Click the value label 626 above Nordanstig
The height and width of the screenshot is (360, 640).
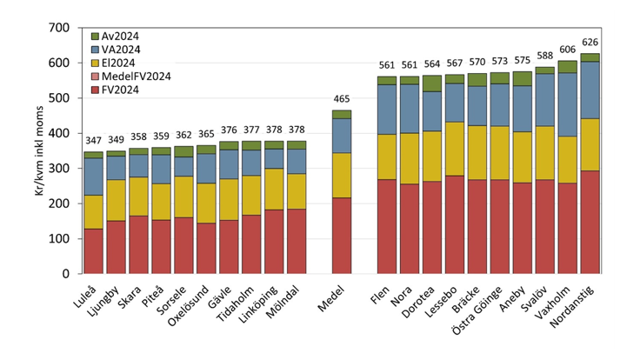point(590,42)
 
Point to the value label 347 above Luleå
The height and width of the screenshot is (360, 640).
point(93,140)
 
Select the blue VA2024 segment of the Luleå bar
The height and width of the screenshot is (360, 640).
point(93,177)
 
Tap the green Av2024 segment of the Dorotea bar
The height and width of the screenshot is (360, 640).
point(432,83)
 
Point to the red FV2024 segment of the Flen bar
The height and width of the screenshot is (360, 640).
point(387,226)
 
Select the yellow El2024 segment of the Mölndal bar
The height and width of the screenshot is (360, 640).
point(297,185)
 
